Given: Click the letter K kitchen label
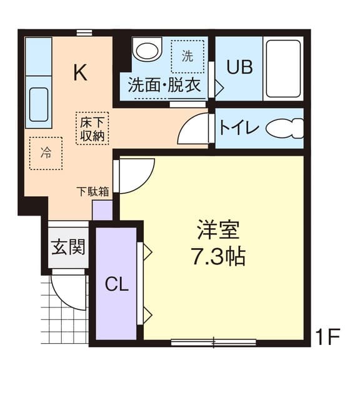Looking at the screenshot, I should pos(80,72).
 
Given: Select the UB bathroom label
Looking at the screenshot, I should pos(239,67).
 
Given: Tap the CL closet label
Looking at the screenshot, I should pos(116,285).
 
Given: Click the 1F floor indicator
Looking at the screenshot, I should pos(327,338).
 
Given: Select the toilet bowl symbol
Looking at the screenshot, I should pos(284,129).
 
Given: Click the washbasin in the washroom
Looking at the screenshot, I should pos(147,50).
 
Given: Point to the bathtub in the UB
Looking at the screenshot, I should pos(283,69).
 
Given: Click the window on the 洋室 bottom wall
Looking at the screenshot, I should pos(214,342).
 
